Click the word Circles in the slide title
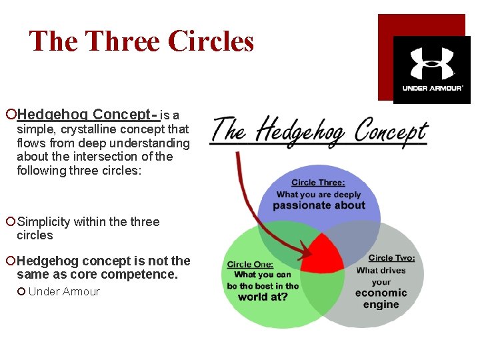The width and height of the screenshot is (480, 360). tap(211, 41)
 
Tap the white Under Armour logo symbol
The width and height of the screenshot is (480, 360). tap(431, 63)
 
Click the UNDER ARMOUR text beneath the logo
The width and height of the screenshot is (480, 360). tap(432, 88)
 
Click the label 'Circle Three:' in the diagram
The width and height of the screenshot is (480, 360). tap(318, 182)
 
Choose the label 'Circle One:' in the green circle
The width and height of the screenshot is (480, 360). tap(249, 264)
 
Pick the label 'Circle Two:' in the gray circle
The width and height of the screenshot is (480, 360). tap(391, 258)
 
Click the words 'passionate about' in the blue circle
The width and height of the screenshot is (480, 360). tap(319, 205)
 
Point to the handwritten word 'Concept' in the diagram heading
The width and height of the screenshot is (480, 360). tap(391, 131)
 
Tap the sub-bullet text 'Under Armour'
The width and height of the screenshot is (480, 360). tap(64, 291)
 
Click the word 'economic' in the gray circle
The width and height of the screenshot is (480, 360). tap(381, 293)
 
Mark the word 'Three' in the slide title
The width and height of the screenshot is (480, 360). tap(124, 41)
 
